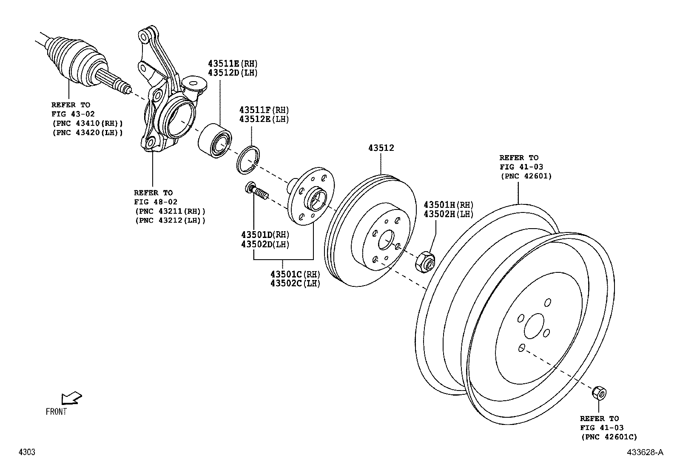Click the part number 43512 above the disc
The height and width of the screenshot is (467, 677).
click(381, 148)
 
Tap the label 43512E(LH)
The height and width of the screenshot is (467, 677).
click(264, 119)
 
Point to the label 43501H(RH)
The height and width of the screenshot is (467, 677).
click(448, 205)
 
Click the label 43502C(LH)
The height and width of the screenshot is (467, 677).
click(295, 283)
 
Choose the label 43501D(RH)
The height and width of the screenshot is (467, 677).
click(265, 235)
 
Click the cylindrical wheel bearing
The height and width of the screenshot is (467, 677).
click(215, 141)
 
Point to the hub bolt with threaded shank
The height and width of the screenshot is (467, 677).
click(256, 191)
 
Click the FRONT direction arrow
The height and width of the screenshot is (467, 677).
click(71, 398)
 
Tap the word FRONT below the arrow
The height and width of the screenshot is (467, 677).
click(57, 411)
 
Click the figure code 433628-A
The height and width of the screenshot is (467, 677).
click(644, 452)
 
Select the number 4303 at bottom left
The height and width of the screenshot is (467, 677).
click(26, 452)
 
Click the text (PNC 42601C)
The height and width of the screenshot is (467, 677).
click(609, 437)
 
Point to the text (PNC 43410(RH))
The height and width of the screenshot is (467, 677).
click(87, 123)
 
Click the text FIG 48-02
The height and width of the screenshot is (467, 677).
click(156, 202)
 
